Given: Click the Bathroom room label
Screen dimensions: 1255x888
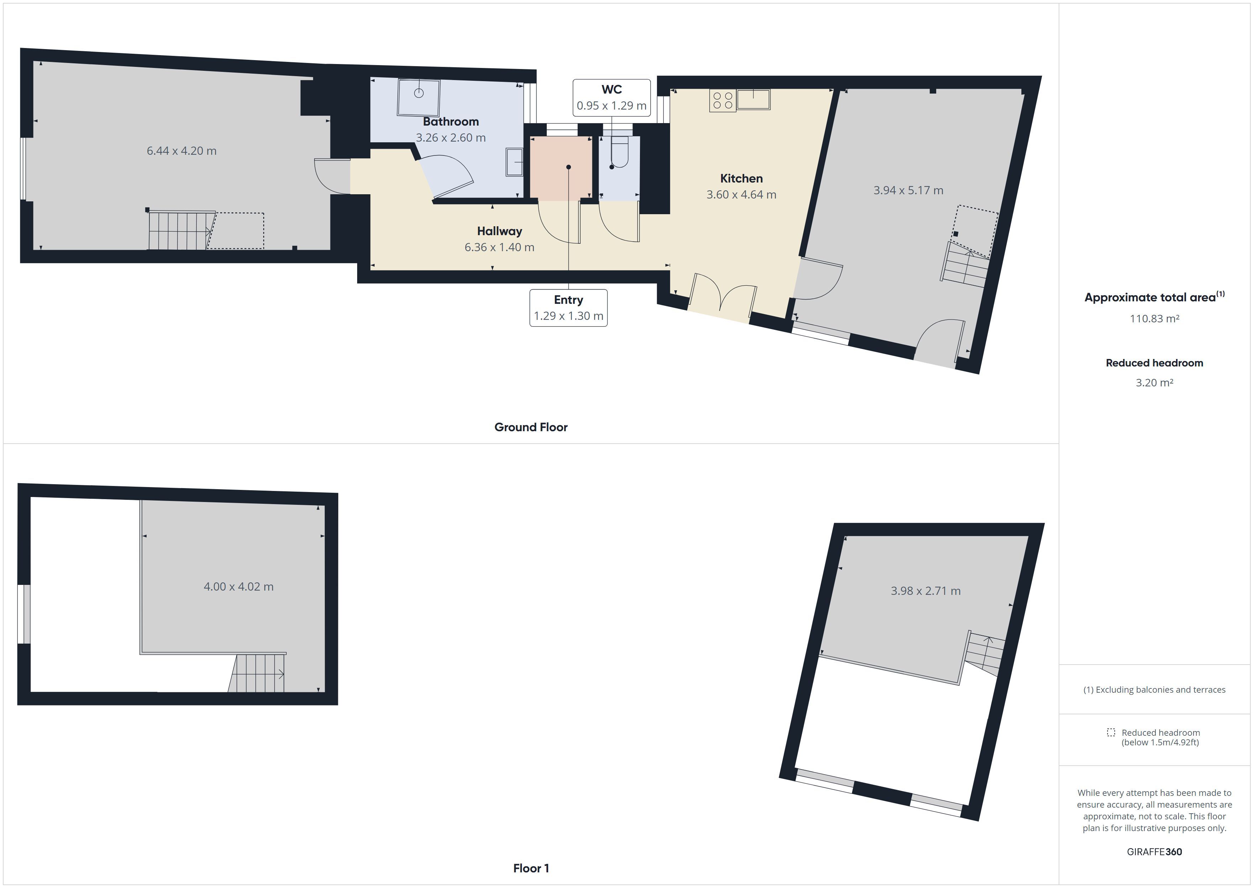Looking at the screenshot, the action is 450,121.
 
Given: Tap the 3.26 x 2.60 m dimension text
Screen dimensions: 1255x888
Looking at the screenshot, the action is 450,138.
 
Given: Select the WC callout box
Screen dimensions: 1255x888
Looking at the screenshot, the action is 611,98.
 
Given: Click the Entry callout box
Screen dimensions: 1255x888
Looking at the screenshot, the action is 568,308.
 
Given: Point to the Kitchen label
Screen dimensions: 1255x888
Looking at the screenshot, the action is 741,178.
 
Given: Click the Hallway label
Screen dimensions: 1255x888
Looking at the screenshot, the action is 499,231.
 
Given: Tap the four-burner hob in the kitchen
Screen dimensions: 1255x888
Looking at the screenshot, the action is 722,101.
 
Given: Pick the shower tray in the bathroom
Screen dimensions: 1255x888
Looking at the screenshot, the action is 419,97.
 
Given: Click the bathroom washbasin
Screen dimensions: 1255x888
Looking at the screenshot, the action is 514,162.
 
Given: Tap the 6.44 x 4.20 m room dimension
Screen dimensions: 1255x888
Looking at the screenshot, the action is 181,151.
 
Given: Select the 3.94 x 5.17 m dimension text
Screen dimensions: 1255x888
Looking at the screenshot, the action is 908,190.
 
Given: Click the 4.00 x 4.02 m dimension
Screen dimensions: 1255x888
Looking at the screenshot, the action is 238,587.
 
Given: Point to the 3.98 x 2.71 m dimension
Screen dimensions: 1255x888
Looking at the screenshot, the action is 925,591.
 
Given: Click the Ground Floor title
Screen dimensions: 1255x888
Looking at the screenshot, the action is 531,427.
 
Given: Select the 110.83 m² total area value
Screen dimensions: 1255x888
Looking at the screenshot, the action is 1154,318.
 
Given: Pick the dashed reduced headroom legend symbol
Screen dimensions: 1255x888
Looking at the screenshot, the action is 1111,732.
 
